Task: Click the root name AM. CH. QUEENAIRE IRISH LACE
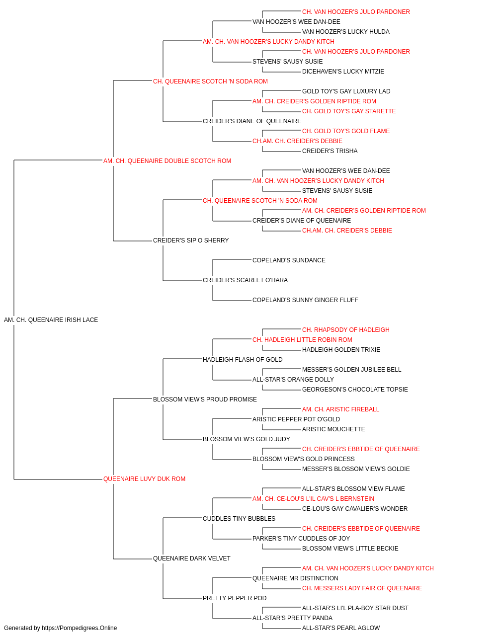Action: coord(51,320)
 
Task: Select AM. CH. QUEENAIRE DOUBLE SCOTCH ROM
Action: coord(167,161)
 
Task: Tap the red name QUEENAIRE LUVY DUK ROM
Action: coord(144,479)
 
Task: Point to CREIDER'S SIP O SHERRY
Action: coord(191,240)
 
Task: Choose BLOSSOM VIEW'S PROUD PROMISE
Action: coord(205,399)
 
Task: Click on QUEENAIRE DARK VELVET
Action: coord(192,558)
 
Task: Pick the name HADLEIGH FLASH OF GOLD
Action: coord(243,360)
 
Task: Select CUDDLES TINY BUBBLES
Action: coord(239,519)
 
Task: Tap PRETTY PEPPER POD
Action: coord(235,598)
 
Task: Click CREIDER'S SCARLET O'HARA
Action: coord(246,280)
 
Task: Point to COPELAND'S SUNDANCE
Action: coord(289,260)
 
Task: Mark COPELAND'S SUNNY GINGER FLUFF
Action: coord(305,300)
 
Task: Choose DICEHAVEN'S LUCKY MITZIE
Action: coord(343,72)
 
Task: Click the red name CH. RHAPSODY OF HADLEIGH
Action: coord(346,330)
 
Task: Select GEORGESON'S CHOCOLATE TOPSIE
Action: coord(355,390)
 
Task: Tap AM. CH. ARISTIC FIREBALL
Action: coord(341,409)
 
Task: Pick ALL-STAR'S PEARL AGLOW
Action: coord(341,628)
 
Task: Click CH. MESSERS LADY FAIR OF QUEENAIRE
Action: coord(362,588)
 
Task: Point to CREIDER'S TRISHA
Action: coord(330,151)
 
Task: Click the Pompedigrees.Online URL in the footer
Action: coord(80,628)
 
